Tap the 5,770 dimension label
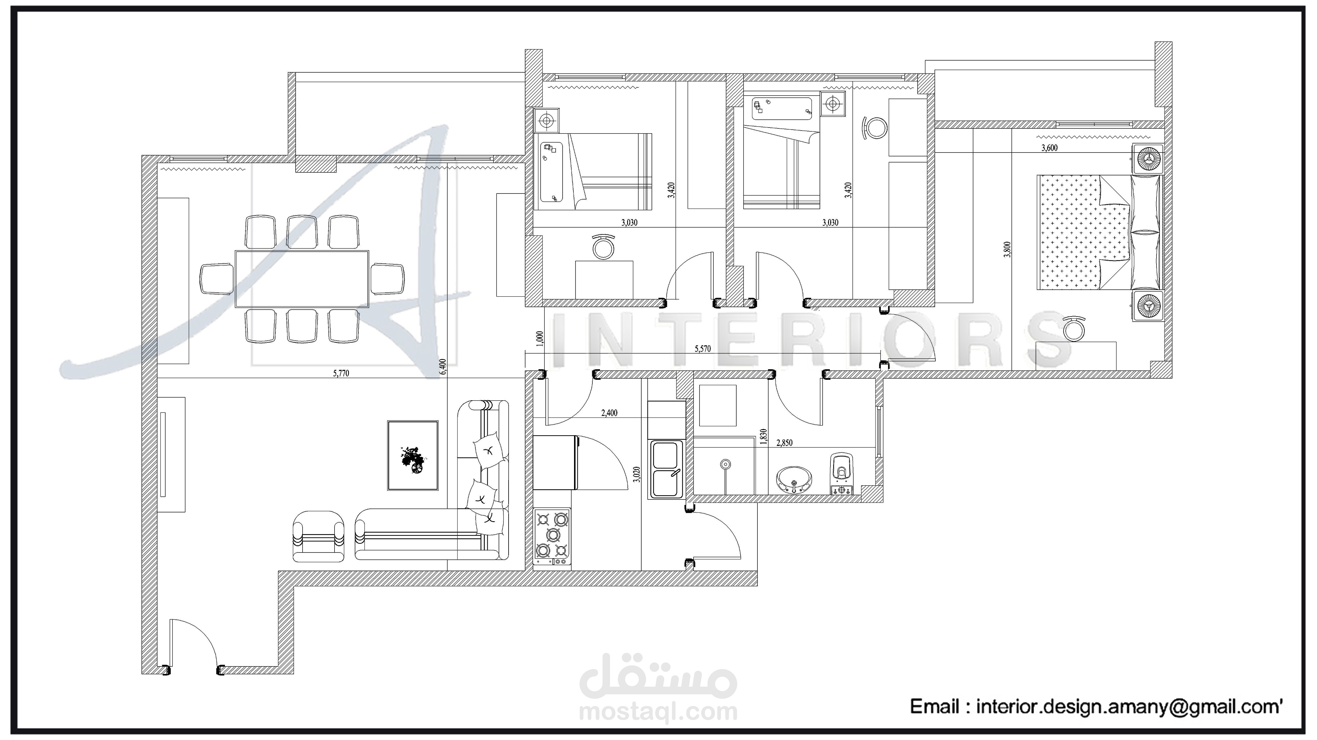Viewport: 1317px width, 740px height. pos(341,373)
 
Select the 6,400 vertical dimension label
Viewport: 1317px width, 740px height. pos(443,367)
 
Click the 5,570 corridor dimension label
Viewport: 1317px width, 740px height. pos(703,349)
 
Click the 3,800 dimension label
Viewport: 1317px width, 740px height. pos(1007,249)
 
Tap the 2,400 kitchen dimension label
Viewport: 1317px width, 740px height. pos(609,413)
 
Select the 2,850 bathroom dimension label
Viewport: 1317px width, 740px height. pos(784,442)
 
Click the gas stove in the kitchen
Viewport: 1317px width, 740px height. pos(552,537)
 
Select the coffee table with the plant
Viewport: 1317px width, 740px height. pos(413,455)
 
